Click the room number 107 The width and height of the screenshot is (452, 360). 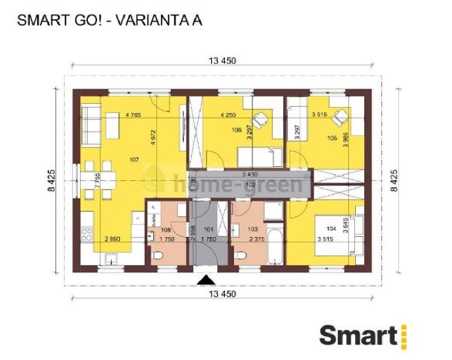pos(135,159)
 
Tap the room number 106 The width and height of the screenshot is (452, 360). pos(236,131)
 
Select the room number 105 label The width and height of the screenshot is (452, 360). pos(333,138)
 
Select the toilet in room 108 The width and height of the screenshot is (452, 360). pos(158,257)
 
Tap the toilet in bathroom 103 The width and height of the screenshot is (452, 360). pos(245,257)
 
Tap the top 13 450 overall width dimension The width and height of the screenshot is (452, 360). pos(222,62)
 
